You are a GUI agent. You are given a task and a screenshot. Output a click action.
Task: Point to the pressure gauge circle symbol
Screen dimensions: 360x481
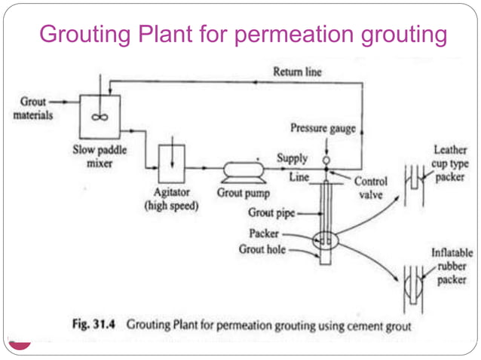(326, 160)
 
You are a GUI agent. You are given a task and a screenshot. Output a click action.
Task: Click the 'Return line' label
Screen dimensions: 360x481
(297, 72)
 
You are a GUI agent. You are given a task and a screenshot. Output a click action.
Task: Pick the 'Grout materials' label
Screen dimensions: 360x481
(32, 108)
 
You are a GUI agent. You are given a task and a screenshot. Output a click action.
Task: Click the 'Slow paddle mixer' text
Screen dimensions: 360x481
(94, 156)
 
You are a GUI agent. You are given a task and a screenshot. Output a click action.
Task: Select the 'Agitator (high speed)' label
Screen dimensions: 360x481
(172, 200)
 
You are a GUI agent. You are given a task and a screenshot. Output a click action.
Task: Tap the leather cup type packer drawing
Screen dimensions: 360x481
(411, 182)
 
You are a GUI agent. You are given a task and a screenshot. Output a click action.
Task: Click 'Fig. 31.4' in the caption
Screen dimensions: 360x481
(93, 325)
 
